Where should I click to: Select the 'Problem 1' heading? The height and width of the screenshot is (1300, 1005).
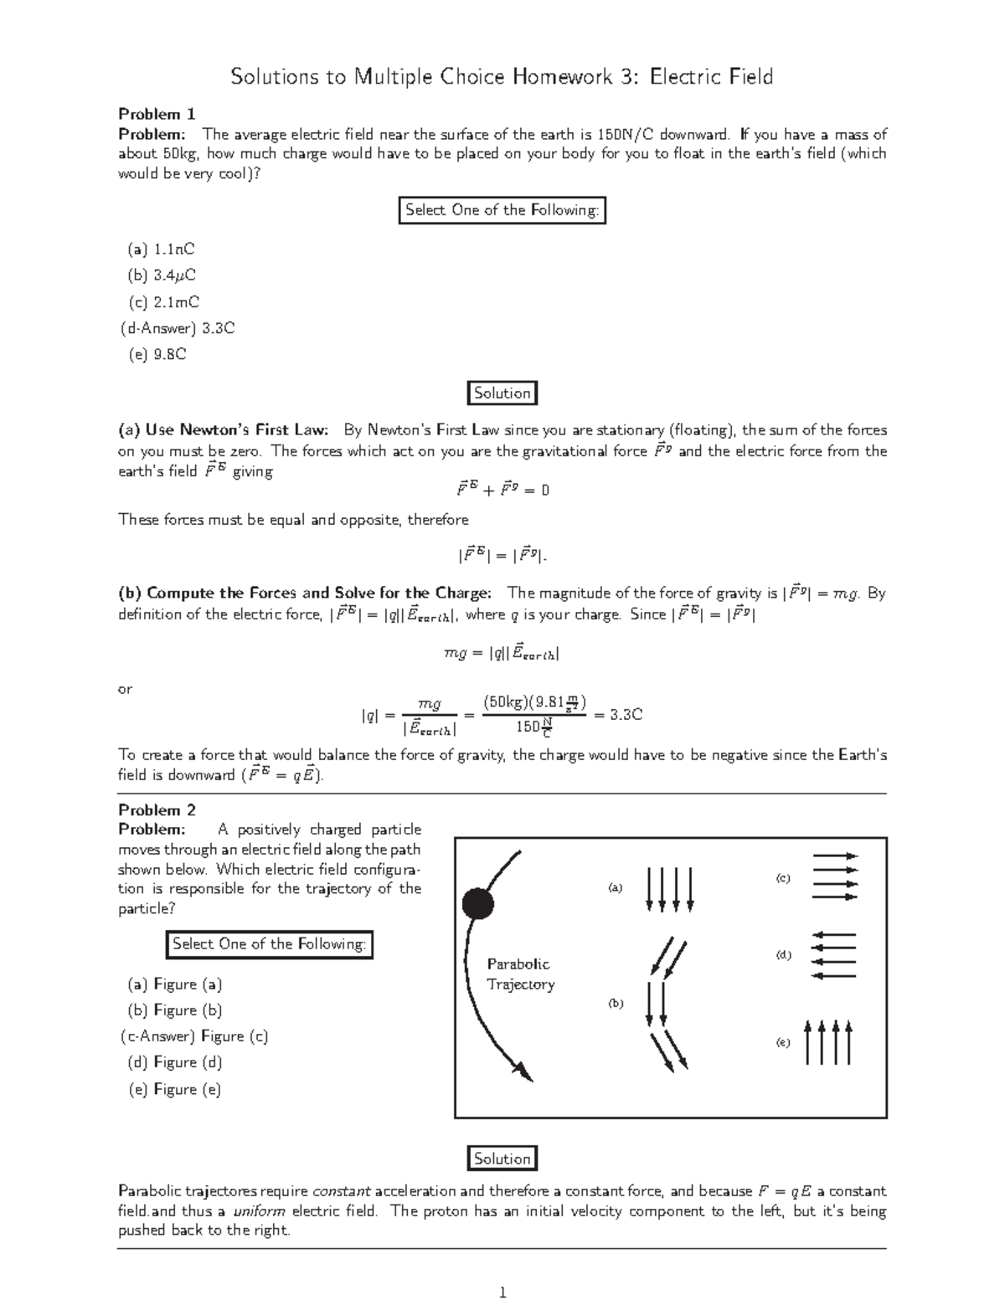pos(157,114)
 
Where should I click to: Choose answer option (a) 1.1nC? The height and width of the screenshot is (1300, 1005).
pos(161,249)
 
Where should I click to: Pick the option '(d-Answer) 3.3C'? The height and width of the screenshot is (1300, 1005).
pos(178,328)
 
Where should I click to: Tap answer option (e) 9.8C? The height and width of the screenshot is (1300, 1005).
pos(157,354)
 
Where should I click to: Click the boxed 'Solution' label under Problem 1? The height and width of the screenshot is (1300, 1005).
pos(502,393)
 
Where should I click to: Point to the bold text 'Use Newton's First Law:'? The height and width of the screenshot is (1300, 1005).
pos(240,430)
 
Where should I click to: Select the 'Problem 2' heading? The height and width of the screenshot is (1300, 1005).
pos(157,809)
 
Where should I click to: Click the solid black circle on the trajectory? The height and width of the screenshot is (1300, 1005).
pos(478,903)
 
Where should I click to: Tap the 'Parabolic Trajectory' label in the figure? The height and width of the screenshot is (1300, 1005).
pos(520,974)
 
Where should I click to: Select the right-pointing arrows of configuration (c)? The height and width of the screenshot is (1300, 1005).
pos(835,876)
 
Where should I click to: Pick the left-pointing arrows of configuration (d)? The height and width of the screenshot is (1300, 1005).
pos(834,955)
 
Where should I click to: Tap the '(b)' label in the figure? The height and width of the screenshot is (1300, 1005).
pos(616,1003)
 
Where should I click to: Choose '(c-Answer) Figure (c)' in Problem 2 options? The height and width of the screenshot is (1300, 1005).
pos(194,1036)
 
